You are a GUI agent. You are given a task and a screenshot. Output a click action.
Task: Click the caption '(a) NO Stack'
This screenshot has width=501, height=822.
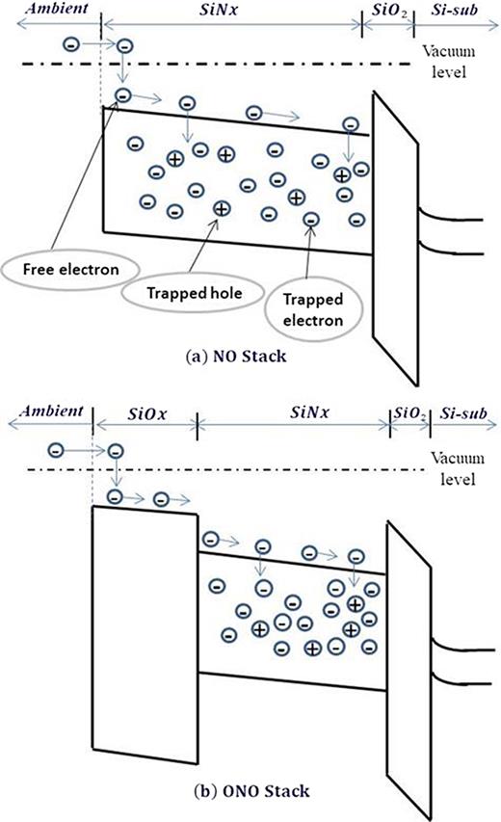tap(250, 354)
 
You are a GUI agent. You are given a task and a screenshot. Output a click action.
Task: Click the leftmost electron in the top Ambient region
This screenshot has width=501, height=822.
tap(70, 44)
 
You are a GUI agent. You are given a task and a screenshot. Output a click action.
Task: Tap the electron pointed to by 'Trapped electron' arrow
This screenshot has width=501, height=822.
tap(310, 221)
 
